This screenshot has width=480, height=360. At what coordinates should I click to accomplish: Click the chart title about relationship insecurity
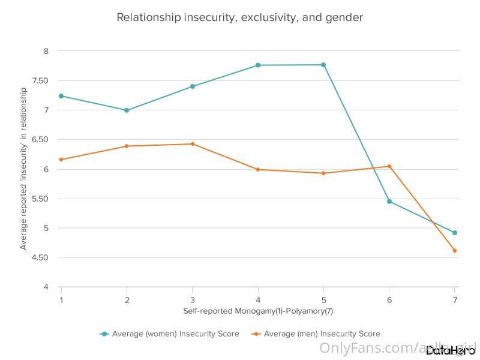tap(239, 17)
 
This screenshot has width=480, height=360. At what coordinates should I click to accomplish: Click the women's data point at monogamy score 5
tap(323, 65)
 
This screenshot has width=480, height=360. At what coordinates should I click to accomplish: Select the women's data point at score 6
tap(389, 202)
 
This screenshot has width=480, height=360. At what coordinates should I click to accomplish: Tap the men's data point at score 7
tap(455, 251)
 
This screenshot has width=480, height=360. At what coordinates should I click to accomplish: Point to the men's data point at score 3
tap(193, 144)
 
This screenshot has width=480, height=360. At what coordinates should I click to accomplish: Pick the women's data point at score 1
tap(61, 96)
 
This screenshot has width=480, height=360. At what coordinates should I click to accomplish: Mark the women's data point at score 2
tap(127, 110)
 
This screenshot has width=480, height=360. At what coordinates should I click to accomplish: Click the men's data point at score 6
tap(389, 166)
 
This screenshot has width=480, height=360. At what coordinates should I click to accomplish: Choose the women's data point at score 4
tap(258, 65)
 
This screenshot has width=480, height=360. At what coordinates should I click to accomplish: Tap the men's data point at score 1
tap(61, 160)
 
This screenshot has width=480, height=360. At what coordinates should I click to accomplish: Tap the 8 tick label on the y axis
tap(46, 52)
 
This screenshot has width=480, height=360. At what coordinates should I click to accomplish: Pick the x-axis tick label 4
tap(258, 299)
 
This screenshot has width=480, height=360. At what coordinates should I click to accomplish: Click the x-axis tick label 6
tap(389, 299)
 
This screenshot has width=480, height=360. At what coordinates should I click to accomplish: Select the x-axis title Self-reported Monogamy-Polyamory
tap(257, 311)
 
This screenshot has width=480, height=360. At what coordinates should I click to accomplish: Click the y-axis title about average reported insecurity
tap(23, 169)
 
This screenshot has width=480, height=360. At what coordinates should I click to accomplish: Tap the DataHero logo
tap(450, 350)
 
